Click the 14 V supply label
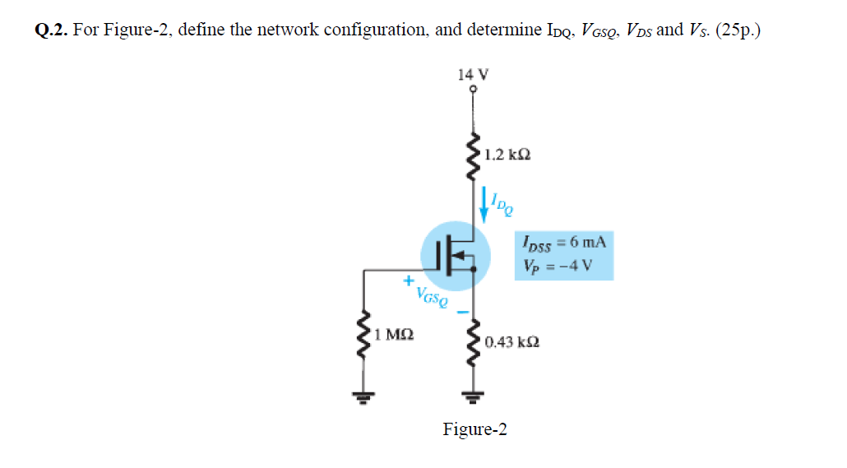pos(473,73)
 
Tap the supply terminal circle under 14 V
pos(473,89)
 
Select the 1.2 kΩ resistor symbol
pos(473,154)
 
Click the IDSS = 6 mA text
pos(564,243)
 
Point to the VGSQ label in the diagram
pos(433,295)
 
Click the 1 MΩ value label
pos(392,336)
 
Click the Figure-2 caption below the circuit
pos(474,429)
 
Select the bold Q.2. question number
pos(53,31)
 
